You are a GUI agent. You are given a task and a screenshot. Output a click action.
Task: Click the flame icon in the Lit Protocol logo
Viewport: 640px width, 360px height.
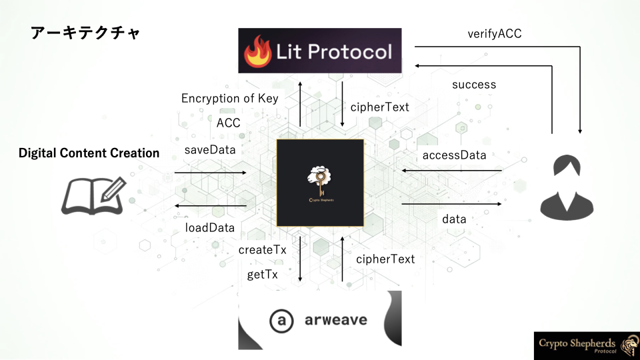257,51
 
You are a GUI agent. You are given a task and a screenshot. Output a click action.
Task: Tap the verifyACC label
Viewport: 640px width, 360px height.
494,33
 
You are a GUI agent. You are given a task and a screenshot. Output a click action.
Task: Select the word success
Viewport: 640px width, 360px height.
474,85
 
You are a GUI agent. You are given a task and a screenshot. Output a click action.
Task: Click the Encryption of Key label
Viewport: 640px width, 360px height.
230,99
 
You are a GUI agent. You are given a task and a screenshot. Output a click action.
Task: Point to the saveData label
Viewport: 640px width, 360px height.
210,150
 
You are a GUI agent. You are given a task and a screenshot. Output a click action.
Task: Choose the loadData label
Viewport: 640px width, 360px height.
210,228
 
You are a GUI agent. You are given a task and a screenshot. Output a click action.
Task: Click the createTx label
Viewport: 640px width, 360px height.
263,250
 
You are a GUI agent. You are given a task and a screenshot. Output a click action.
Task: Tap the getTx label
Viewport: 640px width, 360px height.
263,274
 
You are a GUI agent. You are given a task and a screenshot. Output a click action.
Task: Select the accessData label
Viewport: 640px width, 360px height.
454,155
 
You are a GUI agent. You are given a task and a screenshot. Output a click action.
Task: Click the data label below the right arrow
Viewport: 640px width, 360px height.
454,219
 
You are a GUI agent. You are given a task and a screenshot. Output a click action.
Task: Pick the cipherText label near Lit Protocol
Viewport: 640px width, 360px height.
379,107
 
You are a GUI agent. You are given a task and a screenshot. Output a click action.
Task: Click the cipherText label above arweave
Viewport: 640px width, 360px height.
385,259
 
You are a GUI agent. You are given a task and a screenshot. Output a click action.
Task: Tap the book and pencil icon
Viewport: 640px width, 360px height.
94,196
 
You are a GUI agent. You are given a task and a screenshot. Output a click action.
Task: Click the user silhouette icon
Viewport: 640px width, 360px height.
567,187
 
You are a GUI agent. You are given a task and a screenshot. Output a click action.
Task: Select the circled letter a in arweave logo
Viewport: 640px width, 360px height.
281,321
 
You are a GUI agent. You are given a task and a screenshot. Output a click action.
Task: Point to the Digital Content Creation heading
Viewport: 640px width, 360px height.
89,153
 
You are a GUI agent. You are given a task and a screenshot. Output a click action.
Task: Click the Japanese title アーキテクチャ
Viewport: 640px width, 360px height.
85,33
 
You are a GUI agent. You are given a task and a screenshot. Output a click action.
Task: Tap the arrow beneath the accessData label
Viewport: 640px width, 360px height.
452,171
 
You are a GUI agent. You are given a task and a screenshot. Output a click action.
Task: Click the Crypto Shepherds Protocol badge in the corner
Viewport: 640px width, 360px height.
587,346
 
